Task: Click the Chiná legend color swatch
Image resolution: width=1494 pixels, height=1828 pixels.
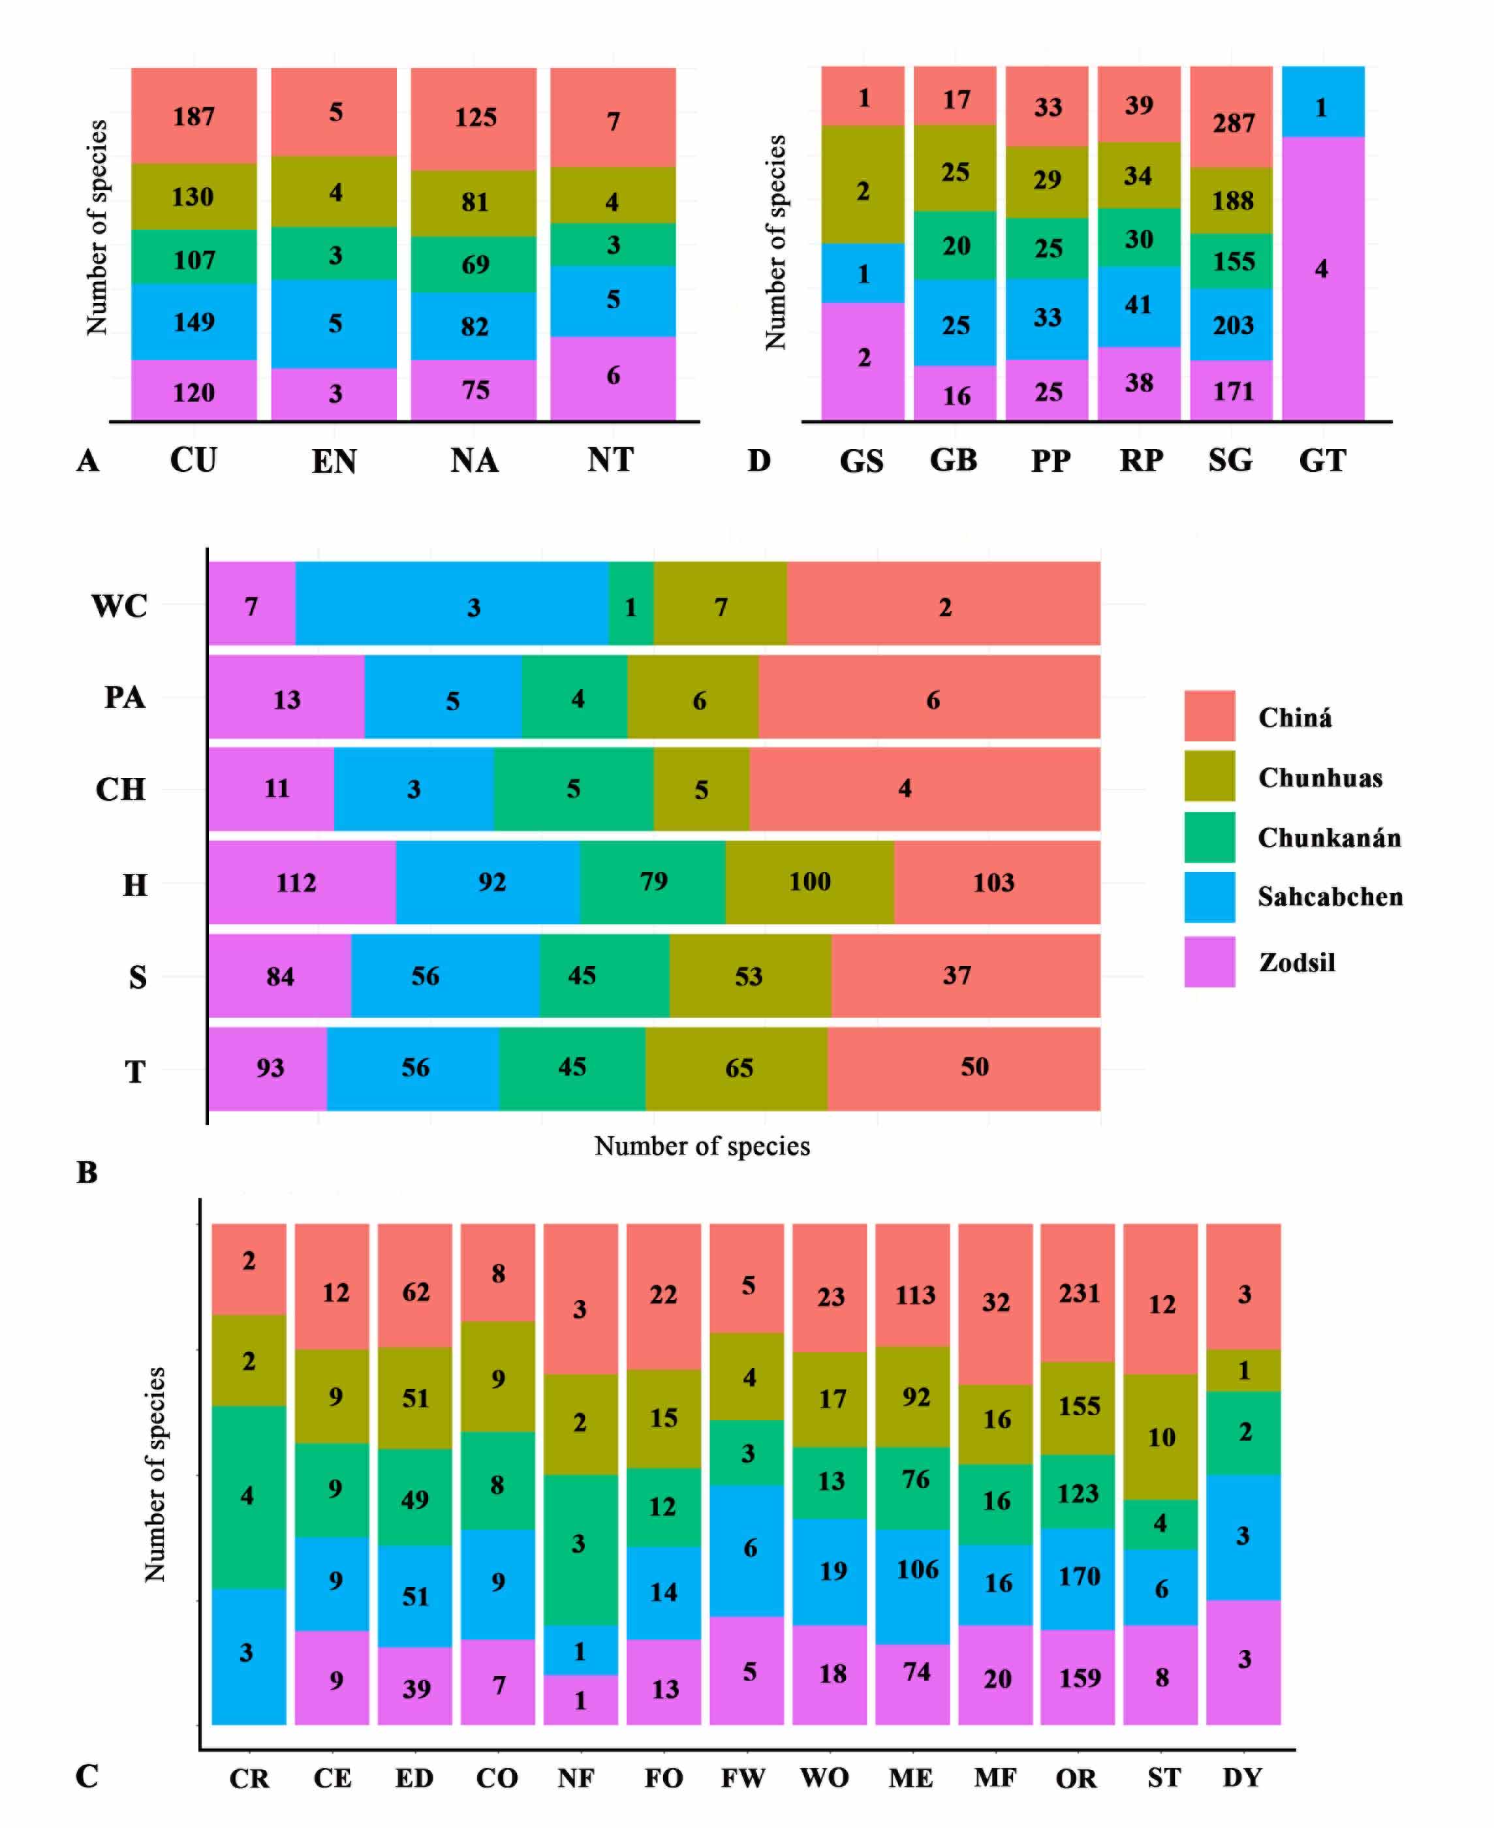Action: click(1209, 715)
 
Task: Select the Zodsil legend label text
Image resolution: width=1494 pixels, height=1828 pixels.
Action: click(1297, 961)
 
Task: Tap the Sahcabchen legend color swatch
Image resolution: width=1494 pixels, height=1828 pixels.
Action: click(1209, 897)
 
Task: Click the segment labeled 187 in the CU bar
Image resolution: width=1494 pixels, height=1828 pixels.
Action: click(194, 116)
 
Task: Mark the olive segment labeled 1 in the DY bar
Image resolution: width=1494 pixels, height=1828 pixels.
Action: click(1243, 1370)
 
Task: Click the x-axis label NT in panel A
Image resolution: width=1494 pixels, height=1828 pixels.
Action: click(611, 461)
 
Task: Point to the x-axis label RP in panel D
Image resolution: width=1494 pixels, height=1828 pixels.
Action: click(1141, 461)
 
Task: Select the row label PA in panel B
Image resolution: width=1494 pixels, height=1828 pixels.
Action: click(124, 697)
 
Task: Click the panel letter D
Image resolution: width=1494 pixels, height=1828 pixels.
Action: click(758, 461)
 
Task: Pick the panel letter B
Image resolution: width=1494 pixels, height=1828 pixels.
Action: click(87, 1172)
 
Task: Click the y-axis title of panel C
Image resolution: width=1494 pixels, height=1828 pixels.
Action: click(155, 1474)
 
